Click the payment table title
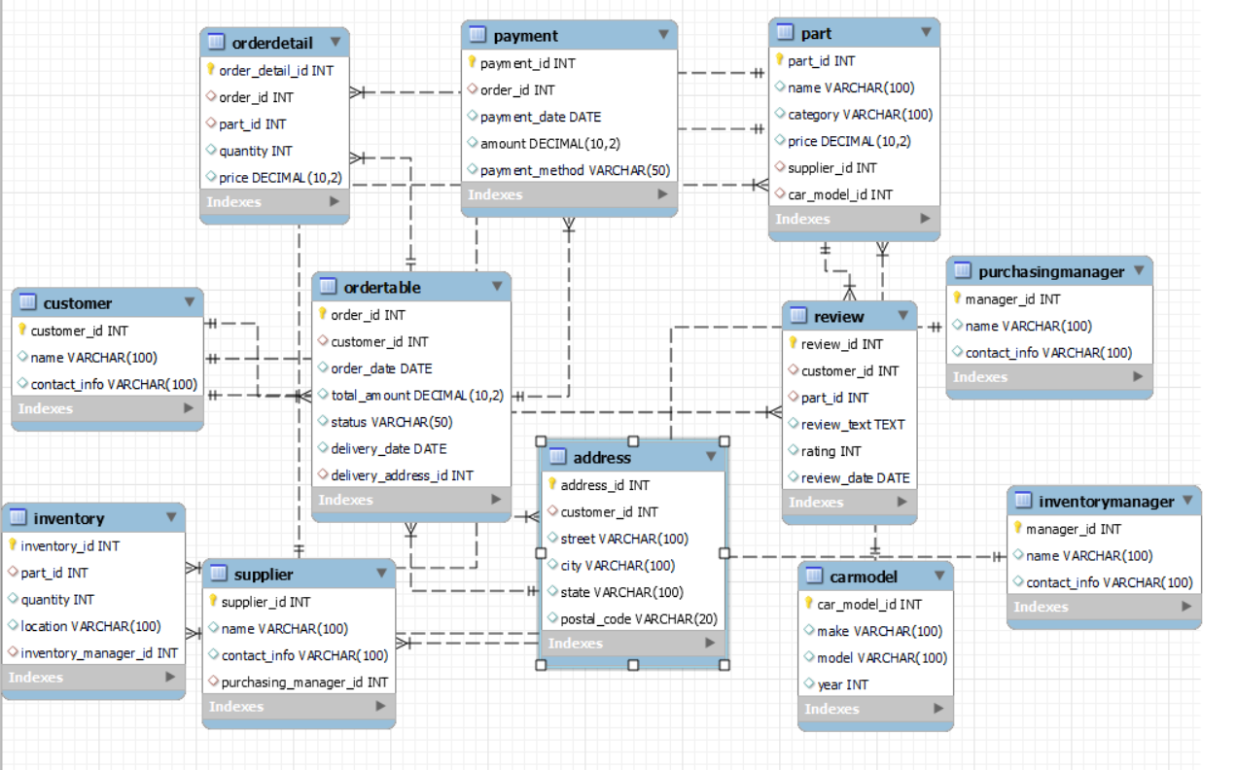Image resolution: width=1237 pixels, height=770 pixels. pos(525,36)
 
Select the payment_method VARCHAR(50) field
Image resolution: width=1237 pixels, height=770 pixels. pos(575,170)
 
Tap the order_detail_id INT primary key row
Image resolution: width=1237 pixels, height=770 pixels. pos(276,70)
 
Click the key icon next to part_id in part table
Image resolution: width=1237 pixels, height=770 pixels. pos(780,60)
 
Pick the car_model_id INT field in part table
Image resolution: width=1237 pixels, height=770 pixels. pos(839,194)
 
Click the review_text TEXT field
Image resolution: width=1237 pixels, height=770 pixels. pos(852,424)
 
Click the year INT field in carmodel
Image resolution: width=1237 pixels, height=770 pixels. pos(842,684)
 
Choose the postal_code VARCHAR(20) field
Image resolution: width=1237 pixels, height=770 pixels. pos(639,618)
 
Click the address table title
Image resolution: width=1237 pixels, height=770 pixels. pos(602,457)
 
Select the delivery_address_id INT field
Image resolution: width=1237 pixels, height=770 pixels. pos(402,475)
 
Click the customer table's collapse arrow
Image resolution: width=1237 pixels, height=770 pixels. pos(189,302)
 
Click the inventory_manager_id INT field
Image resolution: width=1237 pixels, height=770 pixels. pos(98,652)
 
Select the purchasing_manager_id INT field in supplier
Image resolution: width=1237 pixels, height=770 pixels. pos(304,682)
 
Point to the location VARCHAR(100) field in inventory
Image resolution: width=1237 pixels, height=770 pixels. pos(90,626)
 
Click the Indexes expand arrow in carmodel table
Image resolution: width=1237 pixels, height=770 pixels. pos(938,709)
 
